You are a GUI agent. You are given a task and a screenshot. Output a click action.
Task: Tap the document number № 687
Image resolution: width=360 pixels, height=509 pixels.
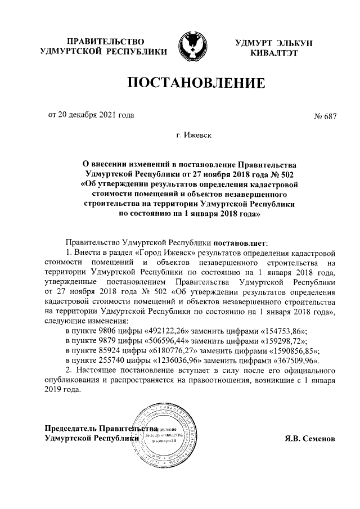pyautogui.click(x=324, y=117)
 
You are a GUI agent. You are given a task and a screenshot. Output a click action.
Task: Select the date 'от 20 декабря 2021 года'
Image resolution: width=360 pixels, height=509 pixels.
pyautogui.click(x=91, y=116)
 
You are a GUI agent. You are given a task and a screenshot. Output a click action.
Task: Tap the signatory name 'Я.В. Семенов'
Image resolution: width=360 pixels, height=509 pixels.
pyautogui.click(x=309, y=437)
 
